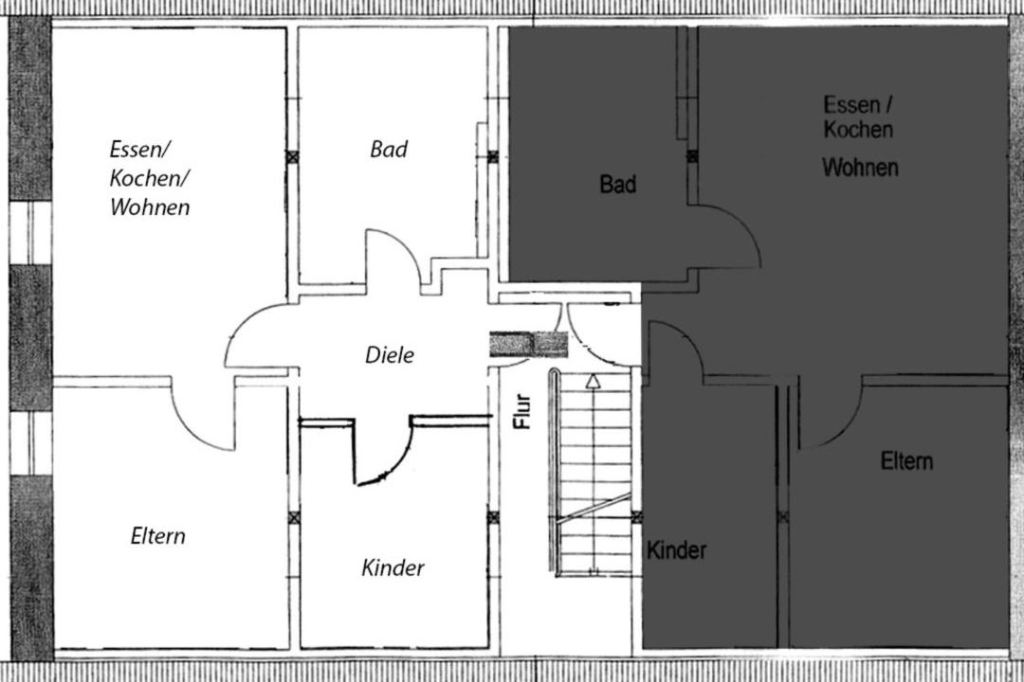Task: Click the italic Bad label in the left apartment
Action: click(389, 150)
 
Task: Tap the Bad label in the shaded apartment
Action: click(618, 185)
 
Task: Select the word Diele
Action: click(390, 355)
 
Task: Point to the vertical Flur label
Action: click(522, 411)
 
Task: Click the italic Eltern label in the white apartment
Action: click(158, 536)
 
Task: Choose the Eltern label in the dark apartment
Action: click(906, 461)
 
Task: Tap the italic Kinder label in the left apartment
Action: click(393, 567)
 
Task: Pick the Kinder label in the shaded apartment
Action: click(677, 550)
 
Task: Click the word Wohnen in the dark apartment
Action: click(860, 168)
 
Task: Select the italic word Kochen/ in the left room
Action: click(150, 178)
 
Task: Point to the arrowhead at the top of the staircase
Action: click(593, 381)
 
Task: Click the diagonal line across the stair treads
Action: click(593, 509)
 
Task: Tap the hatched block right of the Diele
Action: click(529, 345)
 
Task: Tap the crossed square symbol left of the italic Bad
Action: click(293, 157)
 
